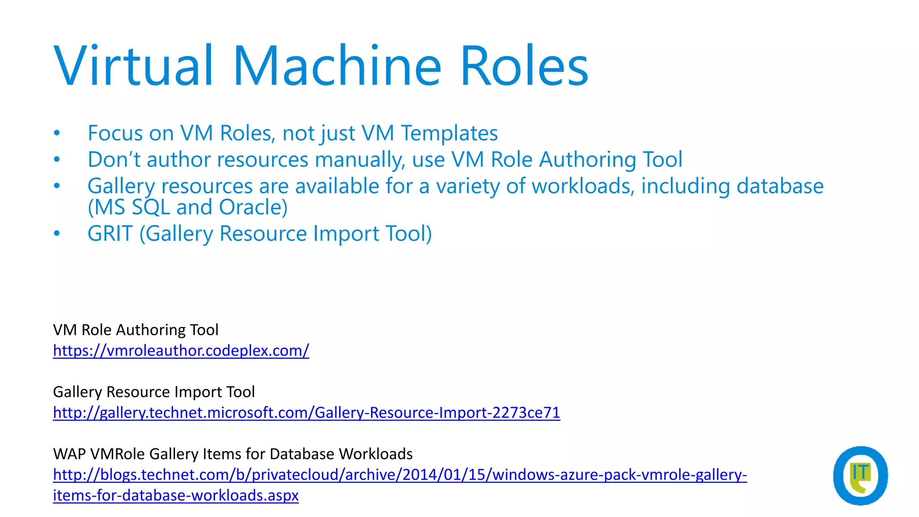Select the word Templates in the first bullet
click(x=449, y=133)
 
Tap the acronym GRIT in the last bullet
click(x=110, y=234)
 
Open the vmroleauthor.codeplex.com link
click(x=181, y=351)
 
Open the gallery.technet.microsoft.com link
click(x=306, y=412)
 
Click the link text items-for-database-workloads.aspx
click(x=175, y=495)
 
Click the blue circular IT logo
click(x=860, y=476)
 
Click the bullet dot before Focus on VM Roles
click(x=57, y=133)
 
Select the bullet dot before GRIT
click(x=57, y=233)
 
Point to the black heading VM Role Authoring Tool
click(x=136, y=330)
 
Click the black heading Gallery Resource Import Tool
click(x=153, y=392)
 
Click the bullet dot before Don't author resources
click(x=57, y=159)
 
